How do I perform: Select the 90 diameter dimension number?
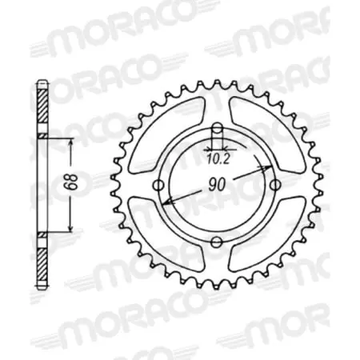coord(216,183)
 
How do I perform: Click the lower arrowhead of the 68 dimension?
coord(72,232)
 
